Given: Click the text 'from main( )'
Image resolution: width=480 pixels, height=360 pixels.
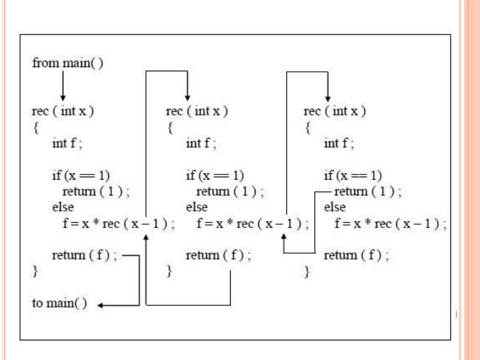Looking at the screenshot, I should pyautogui.click(x=67, y=63).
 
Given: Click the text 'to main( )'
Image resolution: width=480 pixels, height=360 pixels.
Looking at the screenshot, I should pyautogui.click(x=59, y=303).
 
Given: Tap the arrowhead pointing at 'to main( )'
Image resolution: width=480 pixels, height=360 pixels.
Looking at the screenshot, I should pyautogui.click(x=100, y=306).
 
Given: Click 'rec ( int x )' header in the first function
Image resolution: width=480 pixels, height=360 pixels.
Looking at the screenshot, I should pyautogui.click(x=63, y=112).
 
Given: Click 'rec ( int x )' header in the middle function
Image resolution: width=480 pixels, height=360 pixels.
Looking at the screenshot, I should pyautogui.click(x=196, y=112).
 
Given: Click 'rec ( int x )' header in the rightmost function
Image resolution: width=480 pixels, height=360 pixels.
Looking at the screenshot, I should pyautogui.click(x=335, y=112).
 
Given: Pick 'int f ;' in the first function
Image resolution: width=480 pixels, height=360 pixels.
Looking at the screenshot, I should pyautogui.click(x=67, y=143).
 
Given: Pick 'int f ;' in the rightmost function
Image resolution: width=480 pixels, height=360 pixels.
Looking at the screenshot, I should pyautogui.click(x=338, y=143).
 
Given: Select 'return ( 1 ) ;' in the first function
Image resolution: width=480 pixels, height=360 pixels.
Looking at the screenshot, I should pyautogui.click(x=96, y=191).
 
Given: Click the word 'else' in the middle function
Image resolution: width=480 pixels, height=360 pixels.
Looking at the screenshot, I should pyautogui.click(x=196, y=207).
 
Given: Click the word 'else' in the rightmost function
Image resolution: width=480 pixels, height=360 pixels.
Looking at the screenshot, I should pyautogui.click(x=334, y=207).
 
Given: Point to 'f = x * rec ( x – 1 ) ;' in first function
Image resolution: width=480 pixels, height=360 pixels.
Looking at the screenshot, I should pyautogui.click(x=118, y=224).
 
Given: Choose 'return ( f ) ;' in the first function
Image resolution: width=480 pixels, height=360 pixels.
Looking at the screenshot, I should pyautogui.click(x=84, y=255).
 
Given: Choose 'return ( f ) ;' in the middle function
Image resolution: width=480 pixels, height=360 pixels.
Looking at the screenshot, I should pyautogui.click(x=218, y=255).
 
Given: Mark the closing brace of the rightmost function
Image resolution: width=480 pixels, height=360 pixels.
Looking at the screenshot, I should pyautogui.click(x=307, y=271).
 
